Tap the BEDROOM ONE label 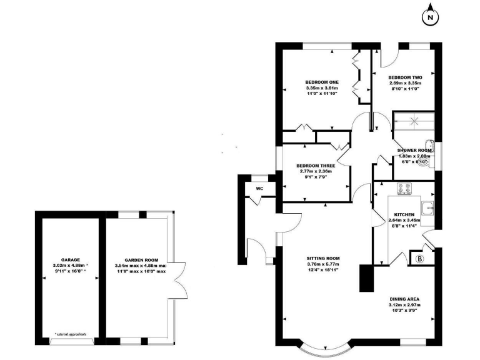pyautogui.click(x=322, y=82)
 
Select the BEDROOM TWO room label pyautogui.click(x=405, y=77)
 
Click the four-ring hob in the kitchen pyautogui.click(x=404, y=187)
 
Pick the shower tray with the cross pyautogui.click(x=412, y=121)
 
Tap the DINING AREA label pyautogui.click(x=405, y=299)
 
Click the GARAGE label pyautogui.click(x=69, y=259)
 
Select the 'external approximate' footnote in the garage pyautogui.click(x=70, y=334)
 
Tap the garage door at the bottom pyautogui.click(x=73, y=341)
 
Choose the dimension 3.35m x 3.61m pyautogui.click(x=322, y=89)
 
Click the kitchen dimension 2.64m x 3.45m pyautogui.click(x=404, y=220)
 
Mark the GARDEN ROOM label pyautogui.click(x=141, y=260)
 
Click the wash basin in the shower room pyautogui.click(x=427, y=144)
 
